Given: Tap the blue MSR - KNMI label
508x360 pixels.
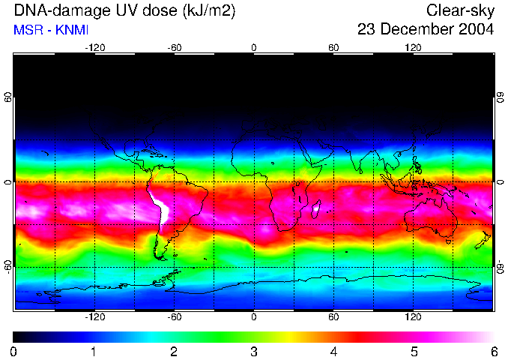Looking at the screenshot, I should pyautogui.click(x=46, y=31).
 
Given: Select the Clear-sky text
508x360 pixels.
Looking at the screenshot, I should pyautogui.click(x=460, y=11).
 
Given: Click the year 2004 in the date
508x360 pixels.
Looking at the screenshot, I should pyautogui.click(x=478, y=31).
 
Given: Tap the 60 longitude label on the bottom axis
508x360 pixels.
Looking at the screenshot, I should pyautogui.click(x=333, y=317).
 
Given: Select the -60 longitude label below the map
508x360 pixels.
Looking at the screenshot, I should pyautogui.click(x=174, y=317).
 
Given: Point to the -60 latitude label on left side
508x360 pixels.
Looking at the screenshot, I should pyautogui.click(x=8, y=267).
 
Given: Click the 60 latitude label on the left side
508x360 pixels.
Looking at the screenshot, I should pyautogui.click(x=8, y=97).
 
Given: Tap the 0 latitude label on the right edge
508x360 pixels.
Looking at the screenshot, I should pyautogui.click(x=500, y=182).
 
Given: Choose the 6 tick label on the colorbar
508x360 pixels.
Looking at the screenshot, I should pyautogui.click(x=493, y=352).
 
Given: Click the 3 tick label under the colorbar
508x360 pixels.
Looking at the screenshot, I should pyautogui.click(x=254, y=352).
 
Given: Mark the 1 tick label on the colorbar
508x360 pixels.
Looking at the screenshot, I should pyautogui.click(x=94, y=352).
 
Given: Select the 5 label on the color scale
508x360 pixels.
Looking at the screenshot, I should pyautogui.click(x=414, y=352).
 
